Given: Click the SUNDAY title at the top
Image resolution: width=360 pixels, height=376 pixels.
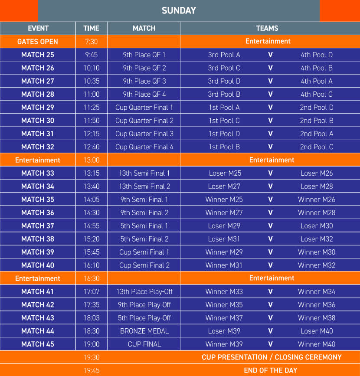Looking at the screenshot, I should tap(179, 10).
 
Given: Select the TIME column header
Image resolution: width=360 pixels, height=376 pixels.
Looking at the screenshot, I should tap(91, 28).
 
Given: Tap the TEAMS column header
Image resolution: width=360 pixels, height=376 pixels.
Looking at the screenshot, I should tap(267, 28).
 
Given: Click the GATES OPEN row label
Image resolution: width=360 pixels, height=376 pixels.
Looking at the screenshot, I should tap(38, 42).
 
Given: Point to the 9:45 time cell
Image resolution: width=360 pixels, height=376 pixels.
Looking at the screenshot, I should tap(91, 55).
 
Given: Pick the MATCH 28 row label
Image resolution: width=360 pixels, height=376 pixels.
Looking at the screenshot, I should tap(38, 94).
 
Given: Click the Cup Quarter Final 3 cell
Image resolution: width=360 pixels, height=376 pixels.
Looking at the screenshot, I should tap(144, 134).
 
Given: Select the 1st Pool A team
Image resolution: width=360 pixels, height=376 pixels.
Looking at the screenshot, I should tap(224, 107).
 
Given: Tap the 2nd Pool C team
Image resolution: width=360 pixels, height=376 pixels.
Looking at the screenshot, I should tap(317, 147).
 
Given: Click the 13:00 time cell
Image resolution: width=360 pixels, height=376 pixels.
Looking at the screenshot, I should tap(91, 160).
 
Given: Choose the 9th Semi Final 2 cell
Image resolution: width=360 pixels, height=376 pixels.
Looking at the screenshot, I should tap(144, 213).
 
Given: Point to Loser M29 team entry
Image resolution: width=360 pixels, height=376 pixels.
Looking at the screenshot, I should tap(224, 226).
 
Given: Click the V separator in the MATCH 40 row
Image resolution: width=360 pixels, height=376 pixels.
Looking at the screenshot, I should tap(270, 265).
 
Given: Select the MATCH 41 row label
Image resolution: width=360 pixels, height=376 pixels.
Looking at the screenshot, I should tap(38, 291).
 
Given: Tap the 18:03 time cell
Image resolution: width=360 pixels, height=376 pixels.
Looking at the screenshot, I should tap(91, 318).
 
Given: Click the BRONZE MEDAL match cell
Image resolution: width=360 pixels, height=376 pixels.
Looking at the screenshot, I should tap(144, 331).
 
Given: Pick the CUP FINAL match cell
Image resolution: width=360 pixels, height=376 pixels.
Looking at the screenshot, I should tap(144, 344).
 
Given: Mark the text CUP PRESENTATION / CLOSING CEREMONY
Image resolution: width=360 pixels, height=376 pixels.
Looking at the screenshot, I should tap(272, 357).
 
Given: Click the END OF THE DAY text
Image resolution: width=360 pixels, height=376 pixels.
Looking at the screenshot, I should tap(271, 370).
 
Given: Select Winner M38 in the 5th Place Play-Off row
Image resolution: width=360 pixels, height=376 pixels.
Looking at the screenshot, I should tap(317, 318).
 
